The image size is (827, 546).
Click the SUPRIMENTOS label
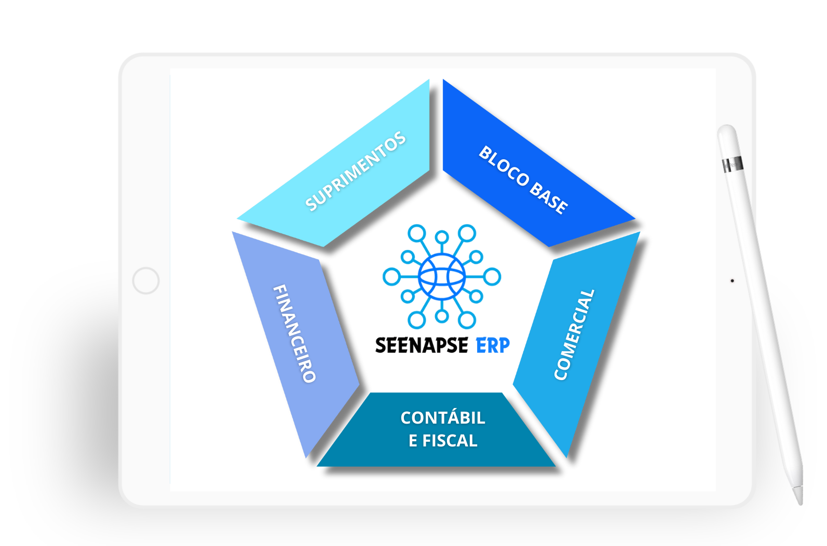[x=356, y=171]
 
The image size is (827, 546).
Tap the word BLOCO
[x=504, y=166]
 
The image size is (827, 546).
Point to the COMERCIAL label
[x=574, y=334]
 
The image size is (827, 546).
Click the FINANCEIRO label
[x=294, y=333]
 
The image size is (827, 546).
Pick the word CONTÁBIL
[x=443, y=418]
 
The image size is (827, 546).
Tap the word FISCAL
[x=450, y=441]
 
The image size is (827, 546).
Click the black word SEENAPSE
[x=421, y=345]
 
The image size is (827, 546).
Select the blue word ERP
[x=493, y=345]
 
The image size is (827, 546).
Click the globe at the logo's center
[x=442, y=277]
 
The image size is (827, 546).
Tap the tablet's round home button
[x=146, y=281]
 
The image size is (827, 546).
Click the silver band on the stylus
[x=733, y=165]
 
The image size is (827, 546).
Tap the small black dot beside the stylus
[x=732, y=281]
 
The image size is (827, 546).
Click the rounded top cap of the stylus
[x=727, y=131]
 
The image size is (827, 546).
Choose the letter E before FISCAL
[x=413, y=441]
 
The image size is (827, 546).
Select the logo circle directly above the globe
[x=442, y=237]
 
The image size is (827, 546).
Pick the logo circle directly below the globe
[x=442, y=316]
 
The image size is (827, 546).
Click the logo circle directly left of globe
[x=391, y=277]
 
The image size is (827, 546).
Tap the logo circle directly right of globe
[x=492, y=277]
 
